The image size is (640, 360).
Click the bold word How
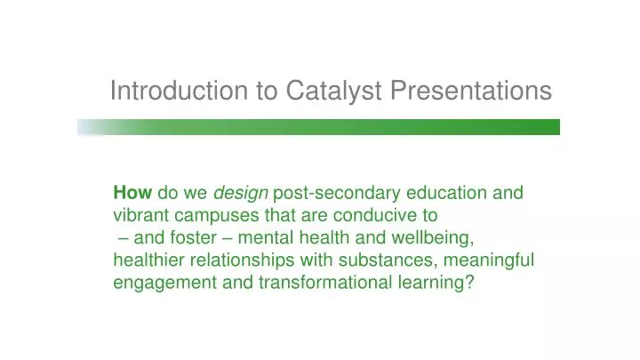pyautogui.click(x=132, y=192)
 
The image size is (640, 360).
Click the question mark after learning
pyautogui.click(x=469, y=283)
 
